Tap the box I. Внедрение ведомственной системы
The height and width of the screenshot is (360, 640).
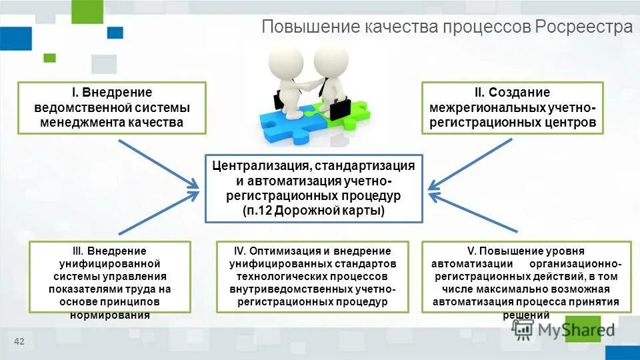[x=112, y=107]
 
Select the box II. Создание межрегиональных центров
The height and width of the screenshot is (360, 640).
[x=512, y=107]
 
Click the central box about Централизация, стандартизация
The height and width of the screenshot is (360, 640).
[x=313, y=188]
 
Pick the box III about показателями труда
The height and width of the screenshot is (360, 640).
[x=111, y=277]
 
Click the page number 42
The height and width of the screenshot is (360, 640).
[x=19, y=342]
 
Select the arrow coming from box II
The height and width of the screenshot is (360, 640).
[x=471, y=163]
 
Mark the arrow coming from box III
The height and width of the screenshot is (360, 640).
[x=160, y=213]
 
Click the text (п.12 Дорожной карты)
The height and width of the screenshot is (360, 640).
[x=313, y=211]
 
